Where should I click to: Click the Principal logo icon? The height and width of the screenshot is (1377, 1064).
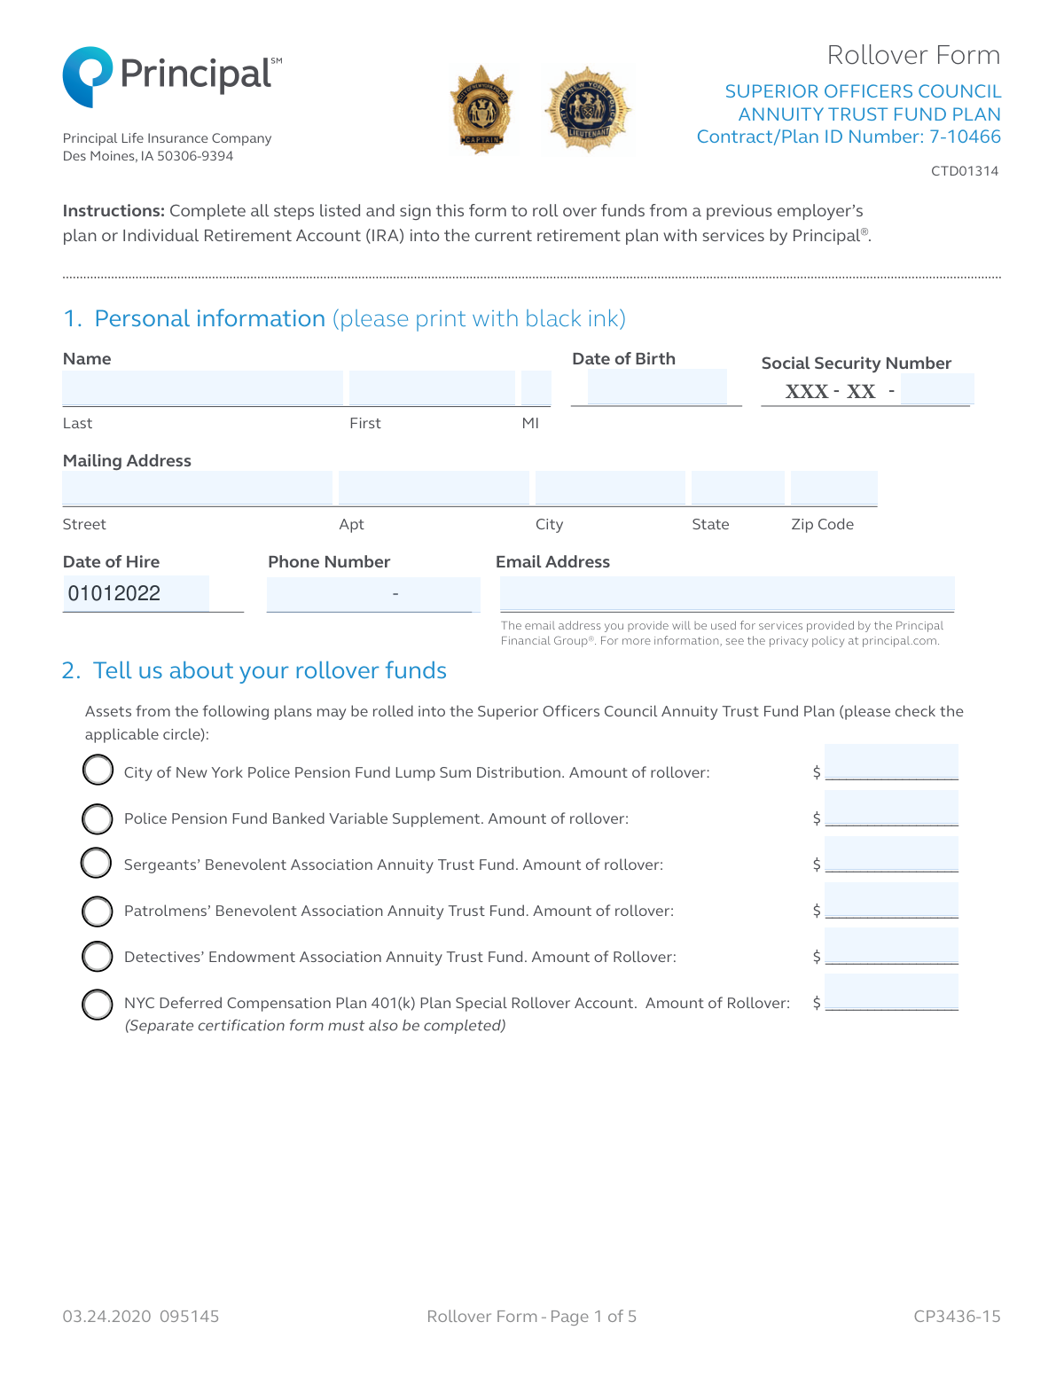(x=87, y=76)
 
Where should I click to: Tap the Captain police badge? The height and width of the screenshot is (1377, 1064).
(x=482, y=110)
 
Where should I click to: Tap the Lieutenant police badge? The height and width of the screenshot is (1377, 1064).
(x=588, y=109)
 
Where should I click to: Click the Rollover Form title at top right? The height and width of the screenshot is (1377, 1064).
(x=913, y=55)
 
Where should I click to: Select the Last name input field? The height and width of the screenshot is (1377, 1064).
(x=202, y=388)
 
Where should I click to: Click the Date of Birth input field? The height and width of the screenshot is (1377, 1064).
(x=656, y=387)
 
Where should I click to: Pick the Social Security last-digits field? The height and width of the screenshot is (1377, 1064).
(x=936, y=389)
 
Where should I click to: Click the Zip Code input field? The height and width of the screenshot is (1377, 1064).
(x=833, y=489)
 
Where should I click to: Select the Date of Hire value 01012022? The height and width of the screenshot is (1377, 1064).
(x=114, y=593)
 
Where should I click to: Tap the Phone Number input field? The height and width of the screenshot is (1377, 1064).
(x=372, y=593)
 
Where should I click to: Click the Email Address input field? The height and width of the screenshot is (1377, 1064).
(x=727, y=593)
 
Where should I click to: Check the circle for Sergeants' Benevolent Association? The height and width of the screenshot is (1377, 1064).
(x=97, y=863)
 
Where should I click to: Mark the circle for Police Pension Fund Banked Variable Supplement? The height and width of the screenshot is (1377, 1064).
(x=98, y=818)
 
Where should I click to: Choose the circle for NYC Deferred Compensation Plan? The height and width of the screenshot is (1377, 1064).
(x=98, y=1005)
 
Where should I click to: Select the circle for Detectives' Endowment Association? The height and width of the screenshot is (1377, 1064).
(x=98, y=957)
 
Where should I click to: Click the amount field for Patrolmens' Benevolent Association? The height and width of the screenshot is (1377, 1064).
(x=891, y=901)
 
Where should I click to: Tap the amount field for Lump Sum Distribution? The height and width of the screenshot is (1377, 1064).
(x=891, y=763)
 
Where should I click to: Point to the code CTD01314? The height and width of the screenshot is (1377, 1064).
(x=965, y=171)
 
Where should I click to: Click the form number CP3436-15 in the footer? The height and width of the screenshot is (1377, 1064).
(x=957, y=1317)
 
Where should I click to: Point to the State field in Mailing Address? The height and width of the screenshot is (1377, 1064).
(x=738, y=489)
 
